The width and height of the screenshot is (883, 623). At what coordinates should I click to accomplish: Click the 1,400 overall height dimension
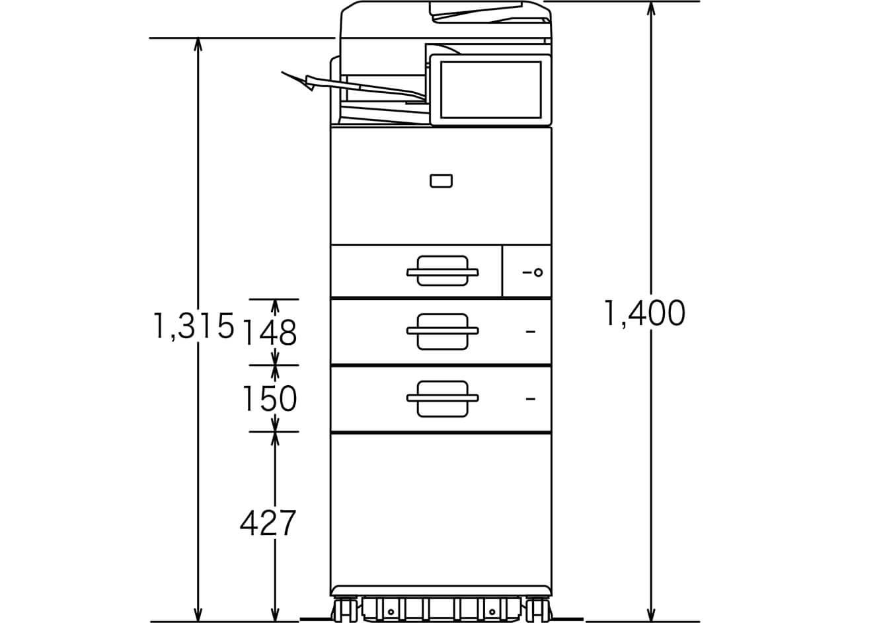(x=644, y=314)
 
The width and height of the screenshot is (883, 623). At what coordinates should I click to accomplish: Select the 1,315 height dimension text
(x=194, y=326)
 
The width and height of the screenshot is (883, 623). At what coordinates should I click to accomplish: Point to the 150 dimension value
(x=269, y=398)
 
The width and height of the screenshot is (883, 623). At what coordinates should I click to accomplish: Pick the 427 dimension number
(x=268, y=524)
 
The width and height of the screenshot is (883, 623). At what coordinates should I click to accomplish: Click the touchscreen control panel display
(x=490, y=90)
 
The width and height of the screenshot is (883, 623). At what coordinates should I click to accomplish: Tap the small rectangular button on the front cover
(x=441, y=181)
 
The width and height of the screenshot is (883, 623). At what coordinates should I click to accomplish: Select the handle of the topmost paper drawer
(x=442, y=271)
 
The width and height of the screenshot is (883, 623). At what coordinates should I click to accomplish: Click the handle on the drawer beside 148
(x=442, y=331)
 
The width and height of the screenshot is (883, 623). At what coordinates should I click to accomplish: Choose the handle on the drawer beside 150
(x=442, y=398)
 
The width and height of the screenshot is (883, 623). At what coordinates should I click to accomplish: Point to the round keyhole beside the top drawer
(x=538, y=272)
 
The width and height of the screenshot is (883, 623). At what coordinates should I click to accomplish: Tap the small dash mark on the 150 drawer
(x=530, y=398)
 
